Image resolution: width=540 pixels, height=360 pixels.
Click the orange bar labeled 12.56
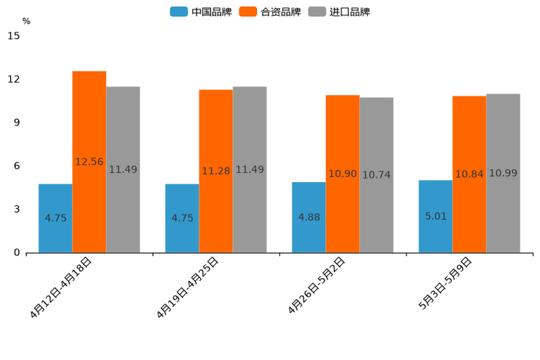[x=89, y=162]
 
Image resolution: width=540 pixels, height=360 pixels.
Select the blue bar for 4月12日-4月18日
[x=55, y=218]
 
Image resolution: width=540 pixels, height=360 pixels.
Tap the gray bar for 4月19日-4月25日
[x=250, y=170]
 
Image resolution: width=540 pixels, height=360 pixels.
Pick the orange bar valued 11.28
[x=216, y=171]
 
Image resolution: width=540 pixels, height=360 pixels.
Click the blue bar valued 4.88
[x=308, y=218]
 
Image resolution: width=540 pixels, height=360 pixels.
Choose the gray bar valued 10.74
[x=377, y=175]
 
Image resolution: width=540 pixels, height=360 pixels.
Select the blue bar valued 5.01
[x=435, y=216]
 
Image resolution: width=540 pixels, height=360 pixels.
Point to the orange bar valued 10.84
[x=469, y=174]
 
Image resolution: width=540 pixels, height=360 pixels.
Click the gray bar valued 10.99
[x=503, y=173]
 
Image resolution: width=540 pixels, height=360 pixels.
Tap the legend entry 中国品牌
[x=201, y=12]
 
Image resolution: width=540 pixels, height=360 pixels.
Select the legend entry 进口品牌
[x=339, y=12]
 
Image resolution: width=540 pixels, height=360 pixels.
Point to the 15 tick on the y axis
[x=14, y=36]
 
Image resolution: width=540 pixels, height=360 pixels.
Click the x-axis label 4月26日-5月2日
[x=316, y=286]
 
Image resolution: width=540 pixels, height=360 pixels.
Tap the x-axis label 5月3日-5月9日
[x=446, y=284]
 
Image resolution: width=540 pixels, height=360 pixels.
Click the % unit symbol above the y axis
[x=26, y=21]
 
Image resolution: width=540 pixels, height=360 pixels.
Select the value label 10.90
[x=343, y=174]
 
